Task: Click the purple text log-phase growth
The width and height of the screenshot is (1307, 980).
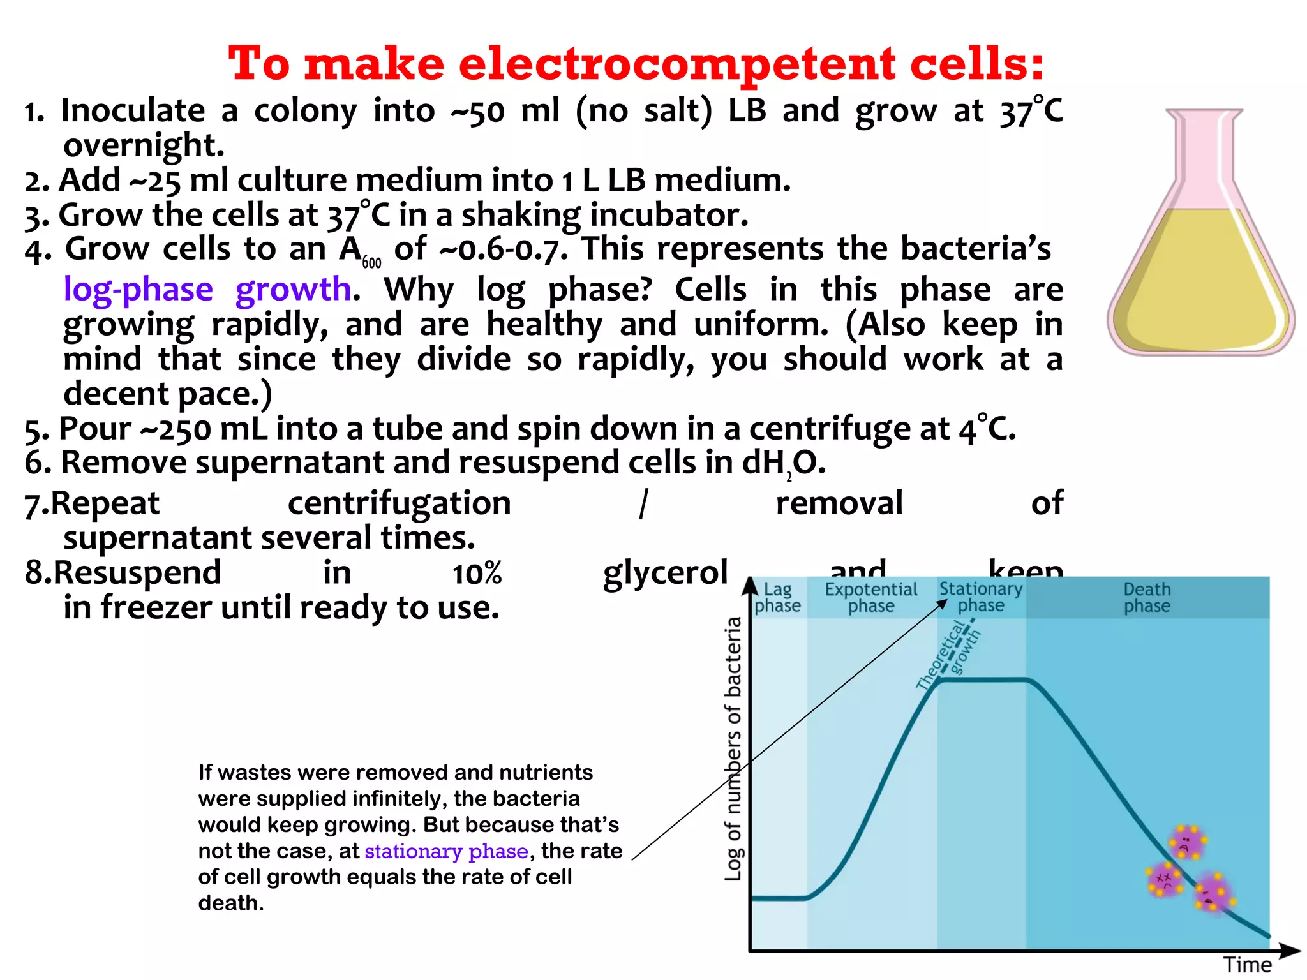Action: pos(207,290)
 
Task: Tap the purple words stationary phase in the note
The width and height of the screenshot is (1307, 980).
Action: pos(446,851)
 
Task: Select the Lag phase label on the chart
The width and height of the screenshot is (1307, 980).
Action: pos(777,597)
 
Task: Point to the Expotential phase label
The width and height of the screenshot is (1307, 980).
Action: pos(870,597)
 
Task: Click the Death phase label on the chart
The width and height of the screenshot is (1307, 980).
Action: pos(1147,597)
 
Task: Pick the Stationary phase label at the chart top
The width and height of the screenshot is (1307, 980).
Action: pos(981,597)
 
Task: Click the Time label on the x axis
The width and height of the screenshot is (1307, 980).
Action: pos(1247,965)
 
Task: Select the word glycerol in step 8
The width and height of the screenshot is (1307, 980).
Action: pos(665,573)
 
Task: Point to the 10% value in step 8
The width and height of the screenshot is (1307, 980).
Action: pos(477,573)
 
